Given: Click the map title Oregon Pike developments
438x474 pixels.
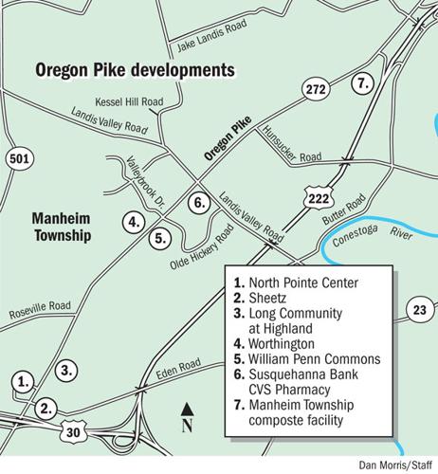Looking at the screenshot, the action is click(134, 70).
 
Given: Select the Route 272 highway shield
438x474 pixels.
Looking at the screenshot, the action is click(317, 89).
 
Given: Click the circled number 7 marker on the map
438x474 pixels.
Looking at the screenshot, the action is click(360, 82).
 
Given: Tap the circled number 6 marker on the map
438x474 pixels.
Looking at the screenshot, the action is click(198, 201).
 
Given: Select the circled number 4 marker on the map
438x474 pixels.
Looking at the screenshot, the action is click(135, 223).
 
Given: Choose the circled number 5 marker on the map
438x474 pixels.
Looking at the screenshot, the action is click(162, 237).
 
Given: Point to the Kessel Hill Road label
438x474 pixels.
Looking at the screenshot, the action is click(129, 100).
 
